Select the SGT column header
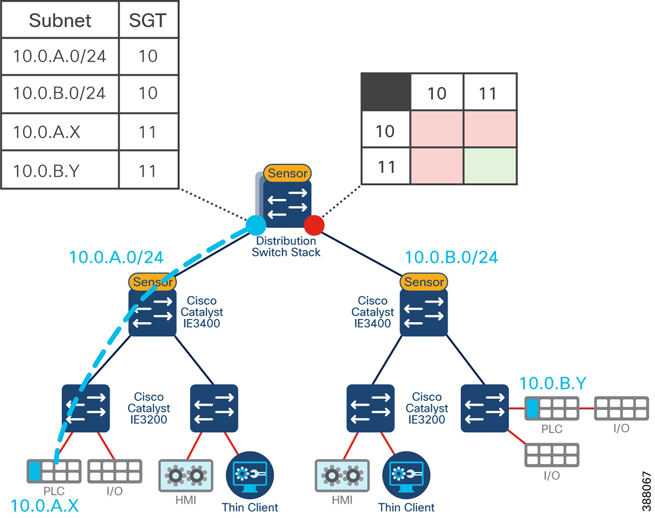pos(149,21)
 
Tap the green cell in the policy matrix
pos(489,166)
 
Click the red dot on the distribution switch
pos(314,224)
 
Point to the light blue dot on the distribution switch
pos(255,224)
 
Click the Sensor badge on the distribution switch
pos(287,174)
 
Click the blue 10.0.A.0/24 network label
pos(116,257)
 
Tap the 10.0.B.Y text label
pos(552,383)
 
